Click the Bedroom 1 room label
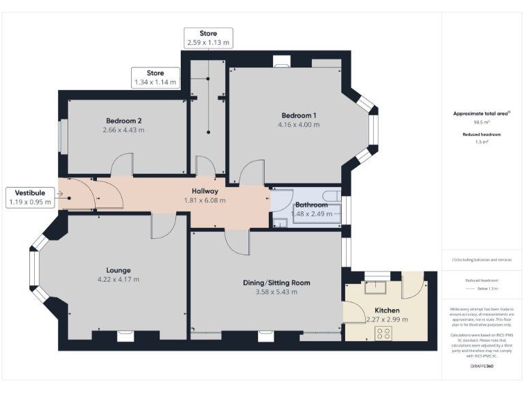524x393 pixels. coord(298,115)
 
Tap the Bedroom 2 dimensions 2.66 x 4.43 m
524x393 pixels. coord(123,130)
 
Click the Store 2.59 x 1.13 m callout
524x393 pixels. coord(208,38)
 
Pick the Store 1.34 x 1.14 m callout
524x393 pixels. coord(155,78)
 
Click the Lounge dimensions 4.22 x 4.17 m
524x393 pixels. coord(118,280)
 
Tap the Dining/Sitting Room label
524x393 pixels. coord(276,282)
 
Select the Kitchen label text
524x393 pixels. coord(386,310)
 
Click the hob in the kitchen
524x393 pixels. coord(383,334)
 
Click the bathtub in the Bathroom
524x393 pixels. coord(315,212)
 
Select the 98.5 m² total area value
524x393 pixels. coord(482,123)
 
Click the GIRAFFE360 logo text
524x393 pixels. coord(482,366)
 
